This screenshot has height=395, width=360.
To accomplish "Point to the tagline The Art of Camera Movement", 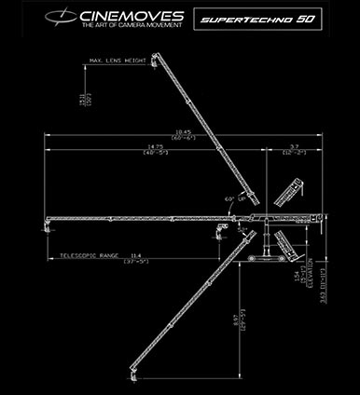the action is click(126, 29).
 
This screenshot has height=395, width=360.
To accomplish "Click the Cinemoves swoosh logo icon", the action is click(65, 19).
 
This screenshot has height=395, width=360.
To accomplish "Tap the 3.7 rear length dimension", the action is click(294, 146).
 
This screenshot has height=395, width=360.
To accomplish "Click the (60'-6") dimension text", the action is click(183, 139).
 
